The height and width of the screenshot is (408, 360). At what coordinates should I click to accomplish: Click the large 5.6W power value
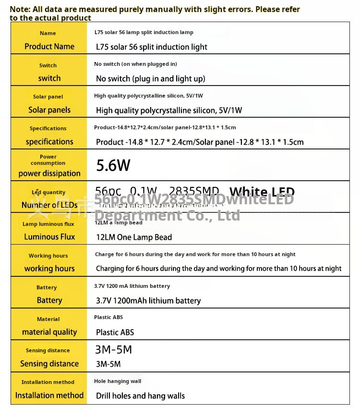[x=113, y=165]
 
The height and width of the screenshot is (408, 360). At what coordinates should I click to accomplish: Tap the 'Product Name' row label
[x=49, y=47]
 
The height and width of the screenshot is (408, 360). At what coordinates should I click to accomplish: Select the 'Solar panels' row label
[x=49, y=110]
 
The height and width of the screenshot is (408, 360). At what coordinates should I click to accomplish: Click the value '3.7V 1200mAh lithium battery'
[x=148, y=301]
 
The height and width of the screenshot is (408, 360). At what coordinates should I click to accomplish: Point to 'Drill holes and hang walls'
[x=140, y=396]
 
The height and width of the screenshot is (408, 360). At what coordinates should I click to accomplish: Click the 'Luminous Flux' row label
[x=49, y=237]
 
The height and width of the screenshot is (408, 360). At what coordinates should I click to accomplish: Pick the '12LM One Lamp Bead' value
[x=134, y=237]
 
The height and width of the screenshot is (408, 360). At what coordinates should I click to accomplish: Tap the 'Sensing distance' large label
[x=49, y=364]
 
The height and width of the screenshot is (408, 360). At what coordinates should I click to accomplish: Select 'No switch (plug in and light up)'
[x=150, y=79]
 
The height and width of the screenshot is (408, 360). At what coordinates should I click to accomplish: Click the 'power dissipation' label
[x=49, y=173]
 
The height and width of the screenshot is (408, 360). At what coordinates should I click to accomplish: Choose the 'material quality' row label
[x=49, y=332]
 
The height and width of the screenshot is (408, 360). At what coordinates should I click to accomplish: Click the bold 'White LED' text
[x=262, y=192]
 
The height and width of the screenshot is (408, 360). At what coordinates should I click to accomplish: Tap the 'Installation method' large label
[x=49, y=396]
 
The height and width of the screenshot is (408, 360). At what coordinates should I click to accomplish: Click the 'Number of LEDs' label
[x=49, y=205]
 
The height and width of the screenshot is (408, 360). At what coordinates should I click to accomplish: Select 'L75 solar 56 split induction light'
[x=152, y=47]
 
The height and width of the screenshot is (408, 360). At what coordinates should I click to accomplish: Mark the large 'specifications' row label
[x=49, y=142]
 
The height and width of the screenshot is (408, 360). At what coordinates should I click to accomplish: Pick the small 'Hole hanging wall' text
[x=118, y=381]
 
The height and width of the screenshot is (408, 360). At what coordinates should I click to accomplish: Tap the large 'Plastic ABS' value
[x=115, y=333]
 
